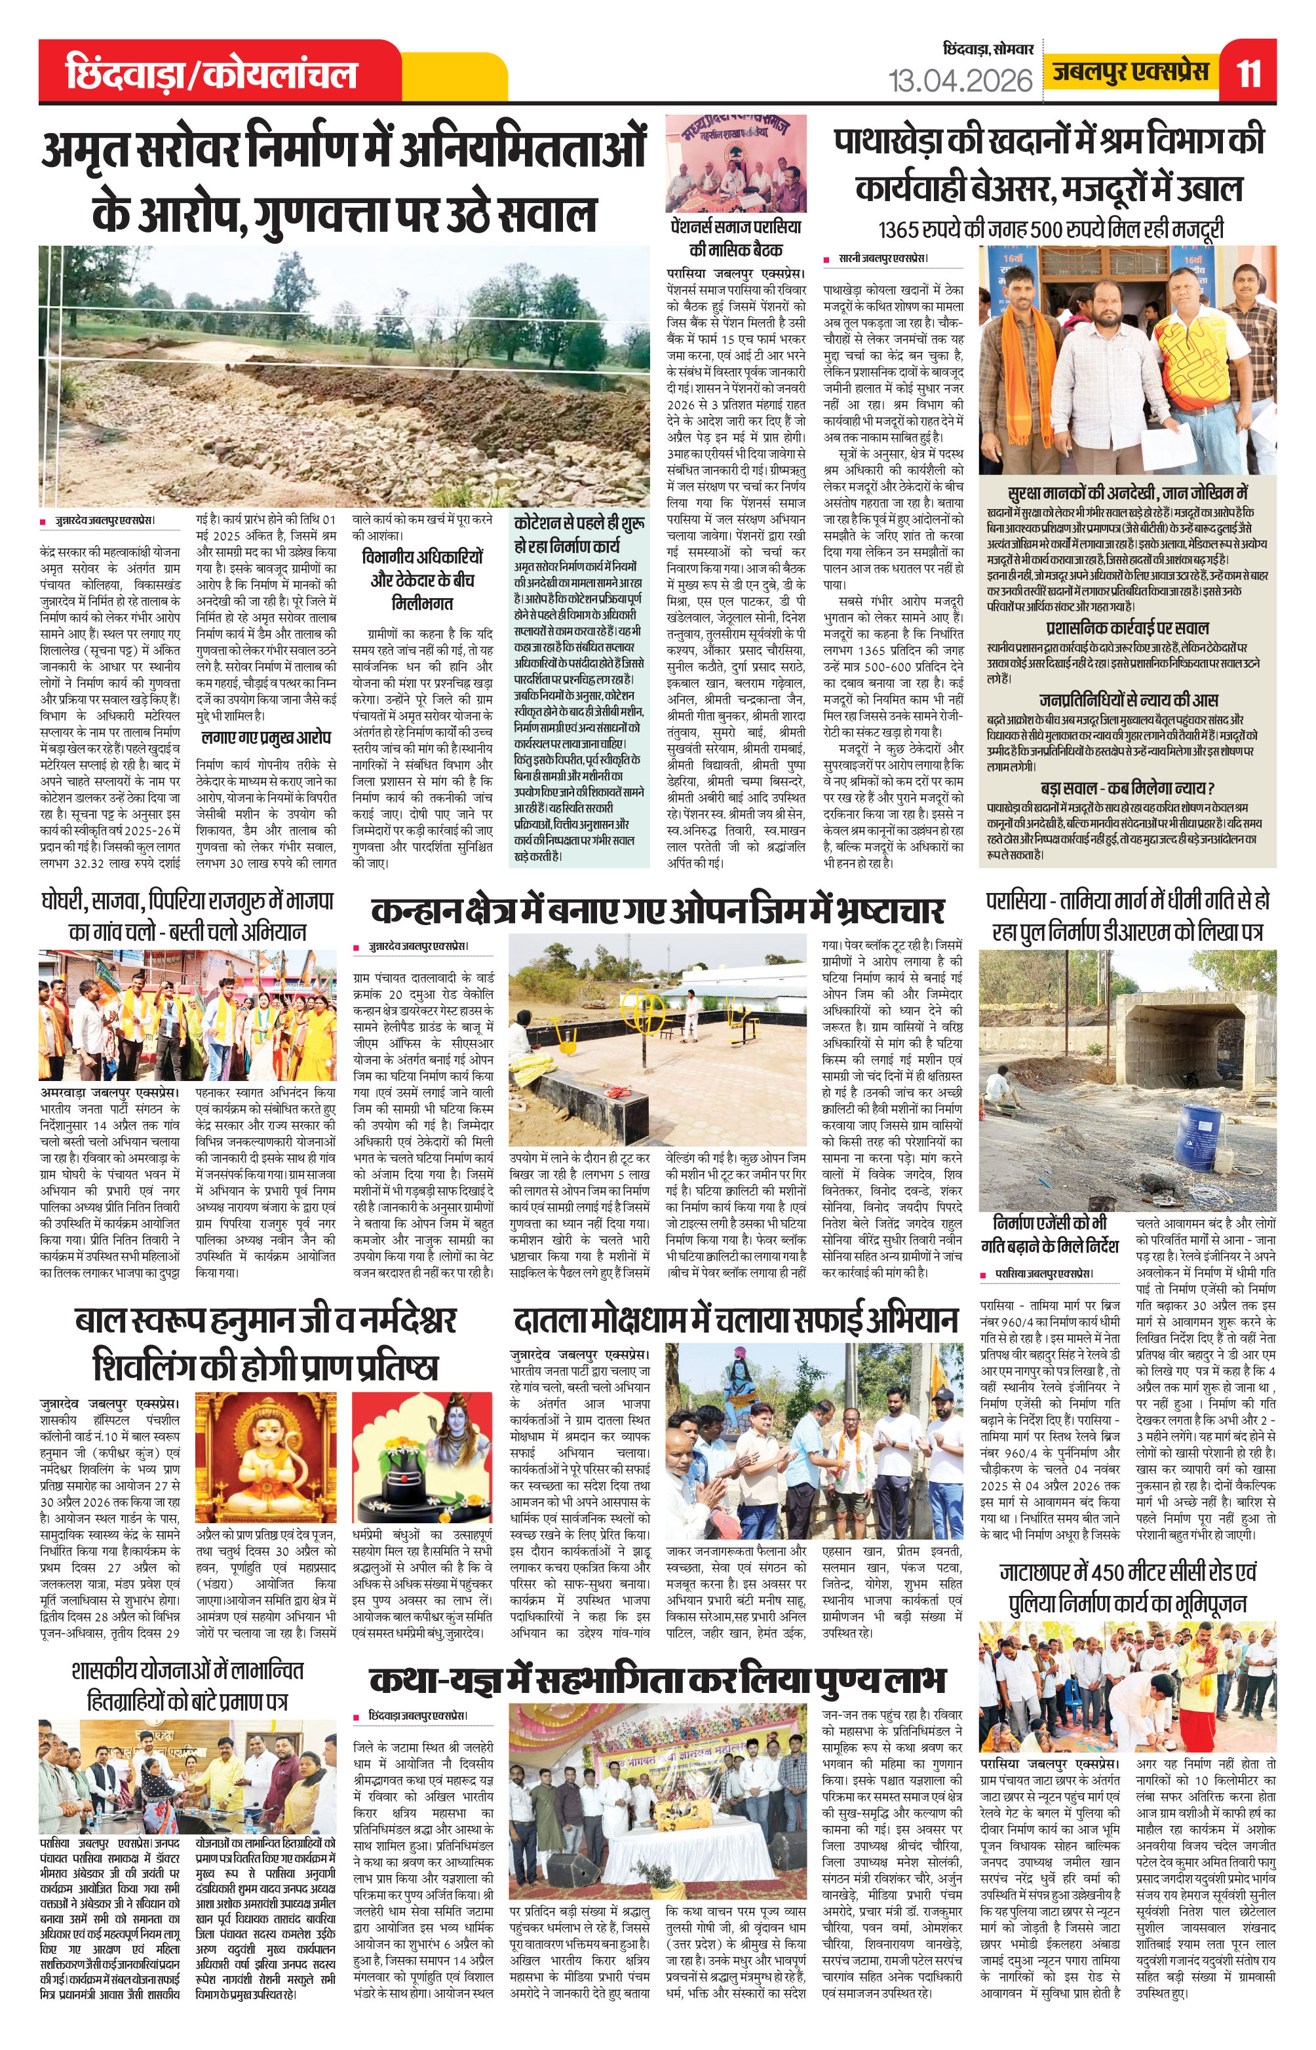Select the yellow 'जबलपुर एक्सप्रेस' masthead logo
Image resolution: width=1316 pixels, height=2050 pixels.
point(1131,72)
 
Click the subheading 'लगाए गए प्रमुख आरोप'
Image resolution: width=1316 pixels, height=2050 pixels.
point(266,737)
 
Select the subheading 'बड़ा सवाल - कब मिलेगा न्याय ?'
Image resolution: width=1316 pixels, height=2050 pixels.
point(1127,788)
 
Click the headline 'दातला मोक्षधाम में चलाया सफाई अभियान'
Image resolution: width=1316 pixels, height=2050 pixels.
point(736,1321)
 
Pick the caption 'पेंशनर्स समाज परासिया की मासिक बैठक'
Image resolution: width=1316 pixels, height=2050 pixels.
point(736,238)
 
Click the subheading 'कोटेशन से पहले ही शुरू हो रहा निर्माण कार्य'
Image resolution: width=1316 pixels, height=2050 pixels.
point(579,534)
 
